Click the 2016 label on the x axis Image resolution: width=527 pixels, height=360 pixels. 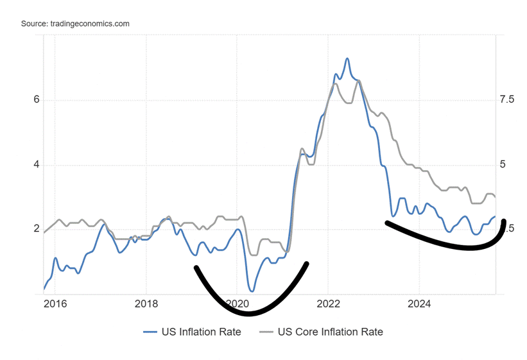click(x=55, y=303)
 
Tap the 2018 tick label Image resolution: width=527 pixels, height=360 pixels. click(x=146, y=303)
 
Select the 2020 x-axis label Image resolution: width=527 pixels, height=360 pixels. click(x=238, y=303)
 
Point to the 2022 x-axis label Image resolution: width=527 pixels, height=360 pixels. click(x=328, y=303)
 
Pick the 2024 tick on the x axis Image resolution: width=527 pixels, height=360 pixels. click(x=419, y=303)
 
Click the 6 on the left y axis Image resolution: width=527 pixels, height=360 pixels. click(x=37, y=100)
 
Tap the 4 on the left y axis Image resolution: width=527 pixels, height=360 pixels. click(x=37, y=165)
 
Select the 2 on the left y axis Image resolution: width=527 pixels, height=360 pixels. click(x=37, y=230)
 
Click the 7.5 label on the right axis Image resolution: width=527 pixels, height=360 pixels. click(x=506, y=100)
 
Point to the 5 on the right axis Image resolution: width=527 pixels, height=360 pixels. click(x=503, y=165)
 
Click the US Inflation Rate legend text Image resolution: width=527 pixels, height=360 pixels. click(x=201, y=332)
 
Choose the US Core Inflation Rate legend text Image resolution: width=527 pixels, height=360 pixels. click(x=330, y=332)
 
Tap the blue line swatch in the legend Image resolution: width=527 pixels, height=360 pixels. click(x=150, y=332)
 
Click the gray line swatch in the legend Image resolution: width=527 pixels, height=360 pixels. click(x=266, y=332)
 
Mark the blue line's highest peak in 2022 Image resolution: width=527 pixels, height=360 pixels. click(x=347, y=58)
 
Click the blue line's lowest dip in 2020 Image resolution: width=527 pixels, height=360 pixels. click(x=251, y=291)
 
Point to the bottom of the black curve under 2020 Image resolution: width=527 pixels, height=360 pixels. click(x=248, y=314)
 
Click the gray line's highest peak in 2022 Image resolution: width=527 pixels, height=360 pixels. click(x=359, y=80)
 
